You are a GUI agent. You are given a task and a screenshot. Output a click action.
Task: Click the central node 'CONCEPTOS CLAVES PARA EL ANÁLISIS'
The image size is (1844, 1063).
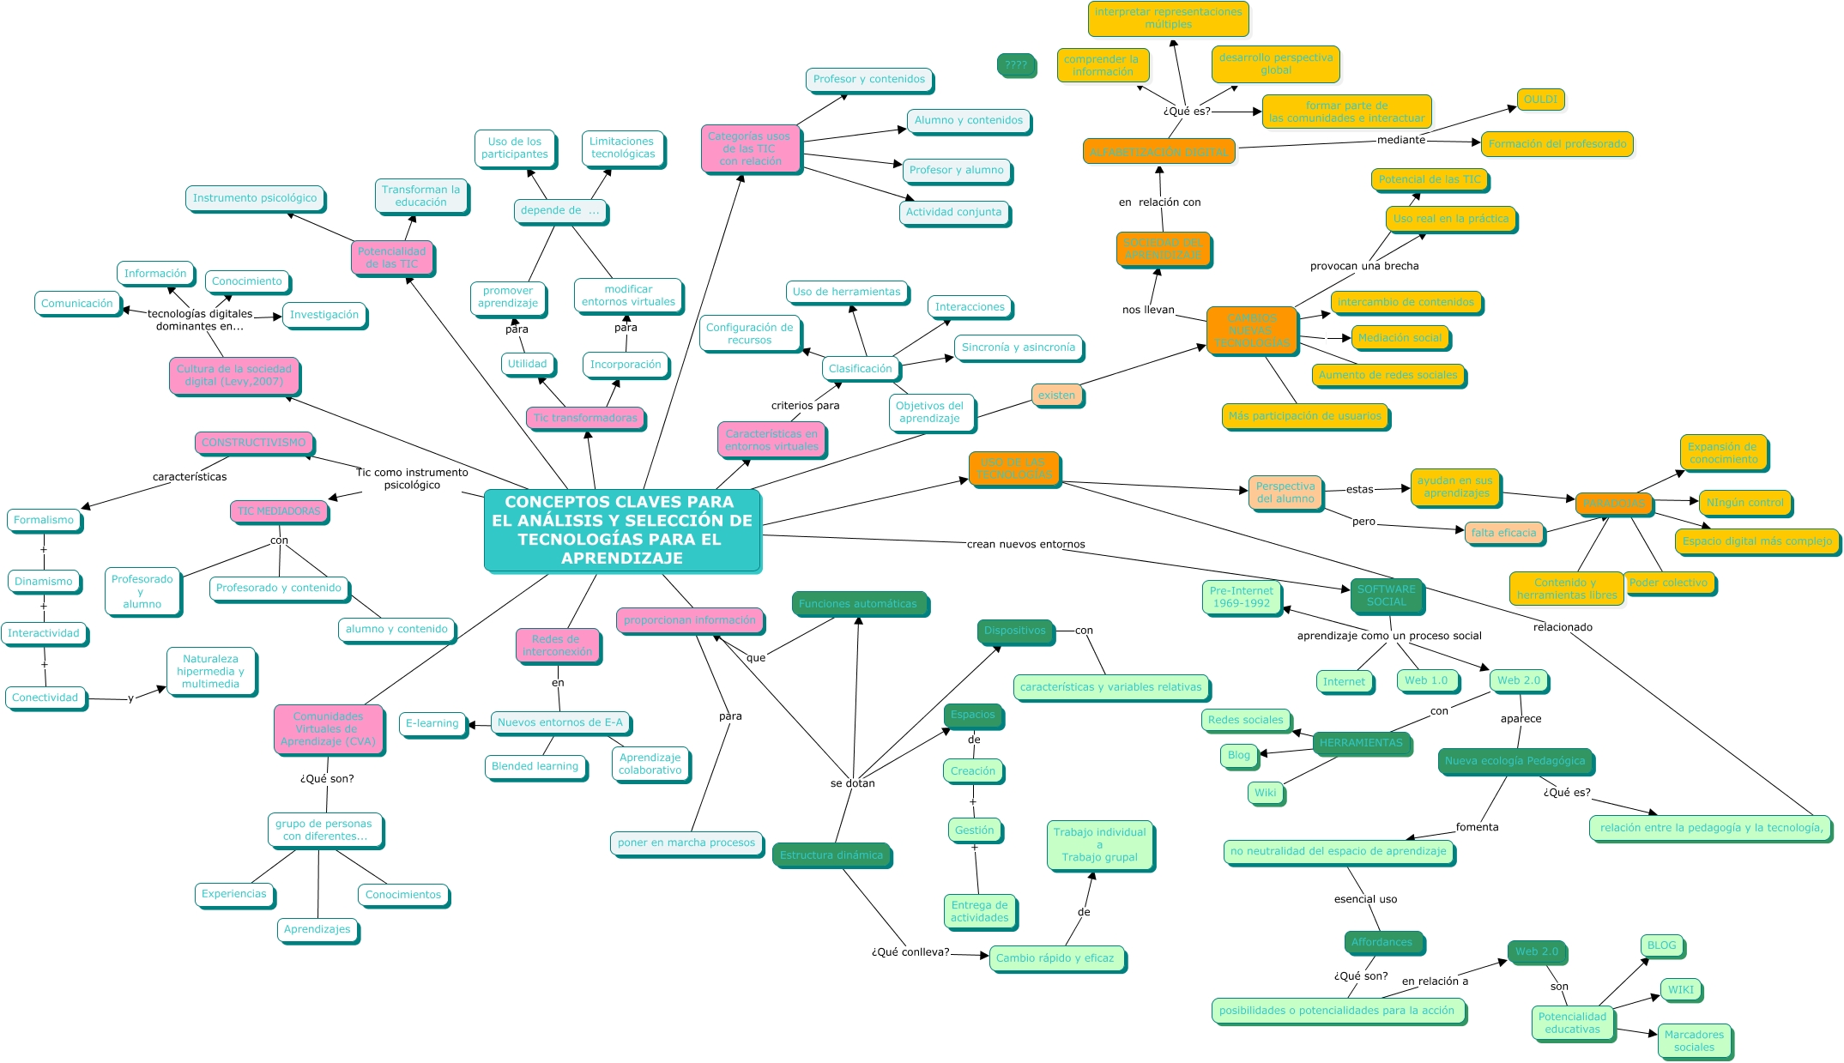(x=622, y=529)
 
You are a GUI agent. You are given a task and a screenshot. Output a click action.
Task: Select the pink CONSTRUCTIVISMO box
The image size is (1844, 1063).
(x=254, y=443)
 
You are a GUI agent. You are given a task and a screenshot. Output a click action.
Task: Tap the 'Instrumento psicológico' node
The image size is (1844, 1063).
(x=255, y=198)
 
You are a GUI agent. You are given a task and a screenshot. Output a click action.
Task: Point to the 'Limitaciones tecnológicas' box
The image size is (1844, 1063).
(x=622, y=148)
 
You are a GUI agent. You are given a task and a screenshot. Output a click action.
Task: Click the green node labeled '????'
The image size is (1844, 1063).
(x=1016, y=64)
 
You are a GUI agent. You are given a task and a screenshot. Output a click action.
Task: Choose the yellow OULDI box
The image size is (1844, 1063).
(x=1540, y=100)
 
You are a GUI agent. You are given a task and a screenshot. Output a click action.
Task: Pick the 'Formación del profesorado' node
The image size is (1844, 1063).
(x=1557, y=144)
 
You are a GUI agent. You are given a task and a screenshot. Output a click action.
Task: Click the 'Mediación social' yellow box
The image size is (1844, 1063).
(x=1400, y=338)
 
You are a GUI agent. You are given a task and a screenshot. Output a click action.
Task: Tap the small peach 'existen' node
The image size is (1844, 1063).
(x=1056, y=396)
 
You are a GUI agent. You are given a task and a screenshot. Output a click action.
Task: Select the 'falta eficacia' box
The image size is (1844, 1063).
(x=1503, y=533)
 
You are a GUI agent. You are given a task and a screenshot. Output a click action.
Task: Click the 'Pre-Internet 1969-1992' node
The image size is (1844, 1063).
(x=1241, y=596)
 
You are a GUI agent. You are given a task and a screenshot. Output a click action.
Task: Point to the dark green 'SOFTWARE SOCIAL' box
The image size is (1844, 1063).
(x=1386, y=595)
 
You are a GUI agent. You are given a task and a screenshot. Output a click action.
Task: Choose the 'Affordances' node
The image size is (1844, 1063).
(x=1381, y=942)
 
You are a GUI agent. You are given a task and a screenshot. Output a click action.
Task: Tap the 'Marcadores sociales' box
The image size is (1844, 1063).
(x=1694, y=1041)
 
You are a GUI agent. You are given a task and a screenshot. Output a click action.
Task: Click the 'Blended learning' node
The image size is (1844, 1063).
(x=535, y=766)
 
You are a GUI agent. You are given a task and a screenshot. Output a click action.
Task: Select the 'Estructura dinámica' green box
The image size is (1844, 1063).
(x=831, y=855)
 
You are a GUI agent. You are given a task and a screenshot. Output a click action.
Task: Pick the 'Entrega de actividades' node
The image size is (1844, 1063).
(x=979, y=911)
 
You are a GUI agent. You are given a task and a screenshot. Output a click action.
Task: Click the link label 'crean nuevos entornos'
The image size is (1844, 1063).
(x=1025, y=544)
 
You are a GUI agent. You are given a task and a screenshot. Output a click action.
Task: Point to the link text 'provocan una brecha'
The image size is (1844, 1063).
(x=1363, y=266)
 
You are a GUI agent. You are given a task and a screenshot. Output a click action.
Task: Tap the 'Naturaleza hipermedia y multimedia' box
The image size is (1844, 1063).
(x=210, y=672)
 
